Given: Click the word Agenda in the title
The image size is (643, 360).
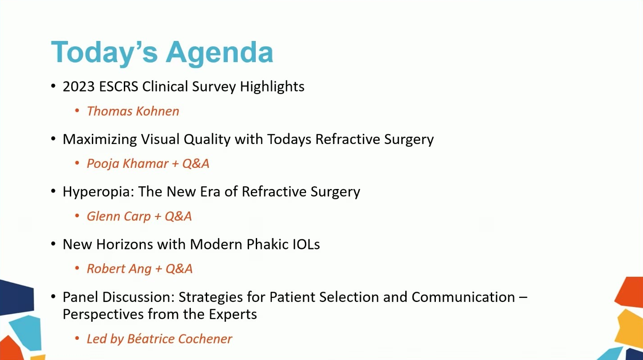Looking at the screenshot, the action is (x=220, y=54).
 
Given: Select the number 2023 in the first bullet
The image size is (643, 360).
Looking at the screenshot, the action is (x=79, y=86).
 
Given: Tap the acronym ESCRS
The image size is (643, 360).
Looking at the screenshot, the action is (x=118, y=86).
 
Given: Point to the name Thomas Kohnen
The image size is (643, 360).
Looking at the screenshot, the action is (x=133, y=111).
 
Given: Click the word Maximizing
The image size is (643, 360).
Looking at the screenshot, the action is (x=100, y=139).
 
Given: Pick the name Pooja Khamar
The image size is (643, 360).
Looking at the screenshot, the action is (x=127, y=164).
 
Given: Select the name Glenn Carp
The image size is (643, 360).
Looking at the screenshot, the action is (x=118, y=216).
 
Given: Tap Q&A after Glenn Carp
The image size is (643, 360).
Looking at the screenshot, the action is (x=178, y=216).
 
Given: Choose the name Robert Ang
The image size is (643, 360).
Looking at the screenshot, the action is (x=119, y=269).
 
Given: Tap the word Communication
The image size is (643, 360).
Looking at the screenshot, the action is (x=463, y=297).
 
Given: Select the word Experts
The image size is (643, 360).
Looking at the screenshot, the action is (x=232, y=315).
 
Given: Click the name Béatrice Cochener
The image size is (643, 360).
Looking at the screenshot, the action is (x=179, y=339).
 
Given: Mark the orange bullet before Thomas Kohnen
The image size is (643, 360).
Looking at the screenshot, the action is (x=77, y=111).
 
